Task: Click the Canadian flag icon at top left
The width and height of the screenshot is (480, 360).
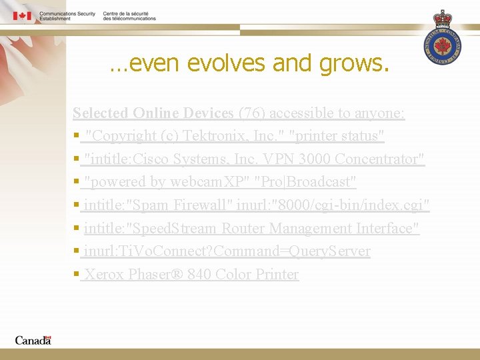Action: (x=22, y=15)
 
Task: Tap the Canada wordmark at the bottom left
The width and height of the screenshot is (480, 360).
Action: (x=33, y=340)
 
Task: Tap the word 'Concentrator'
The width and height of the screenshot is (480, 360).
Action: (x=379, y=159)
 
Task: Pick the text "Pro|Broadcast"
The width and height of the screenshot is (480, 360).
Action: (x=306, y=182)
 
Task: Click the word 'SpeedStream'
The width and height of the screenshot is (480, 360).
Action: (x=175, y=228)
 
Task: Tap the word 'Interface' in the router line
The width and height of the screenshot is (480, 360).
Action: (x=386, y=228)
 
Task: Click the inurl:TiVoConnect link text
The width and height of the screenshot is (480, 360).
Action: (x=227, y=251)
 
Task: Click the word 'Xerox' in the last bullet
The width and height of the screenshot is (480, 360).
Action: (x=105, y=274)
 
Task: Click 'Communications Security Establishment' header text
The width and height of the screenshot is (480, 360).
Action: (x=67, y=16)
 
